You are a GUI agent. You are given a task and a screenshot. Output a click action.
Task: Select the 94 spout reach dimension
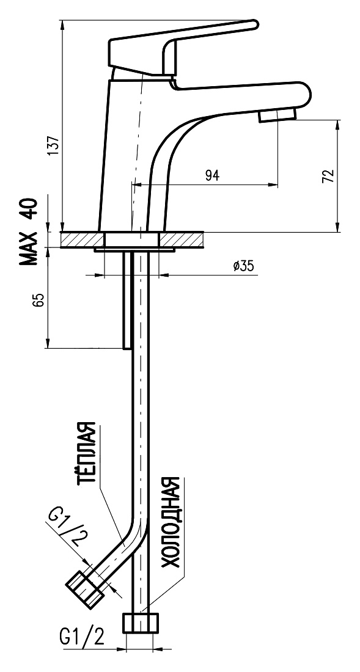212,175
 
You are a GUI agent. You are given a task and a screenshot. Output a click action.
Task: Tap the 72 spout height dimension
328,176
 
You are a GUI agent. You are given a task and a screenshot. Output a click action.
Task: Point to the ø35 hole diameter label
243,266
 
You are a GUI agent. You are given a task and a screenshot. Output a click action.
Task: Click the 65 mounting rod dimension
39,300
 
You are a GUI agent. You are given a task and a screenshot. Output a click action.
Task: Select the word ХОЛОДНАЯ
170,522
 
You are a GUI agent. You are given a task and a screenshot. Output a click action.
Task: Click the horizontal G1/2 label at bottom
82,637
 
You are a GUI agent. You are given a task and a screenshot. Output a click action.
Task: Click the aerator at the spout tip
277,115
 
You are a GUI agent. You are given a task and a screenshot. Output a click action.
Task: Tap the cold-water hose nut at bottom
141,623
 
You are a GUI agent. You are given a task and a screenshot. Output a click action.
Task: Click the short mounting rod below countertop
127,300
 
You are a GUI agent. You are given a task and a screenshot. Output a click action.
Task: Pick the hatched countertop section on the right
181,239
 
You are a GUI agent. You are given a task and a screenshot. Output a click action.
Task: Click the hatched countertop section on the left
83,239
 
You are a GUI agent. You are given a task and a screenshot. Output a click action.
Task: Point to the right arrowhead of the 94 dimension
273,185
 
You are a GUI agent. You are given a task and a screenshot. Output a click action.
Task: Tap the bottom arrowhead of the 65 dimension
47,343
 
